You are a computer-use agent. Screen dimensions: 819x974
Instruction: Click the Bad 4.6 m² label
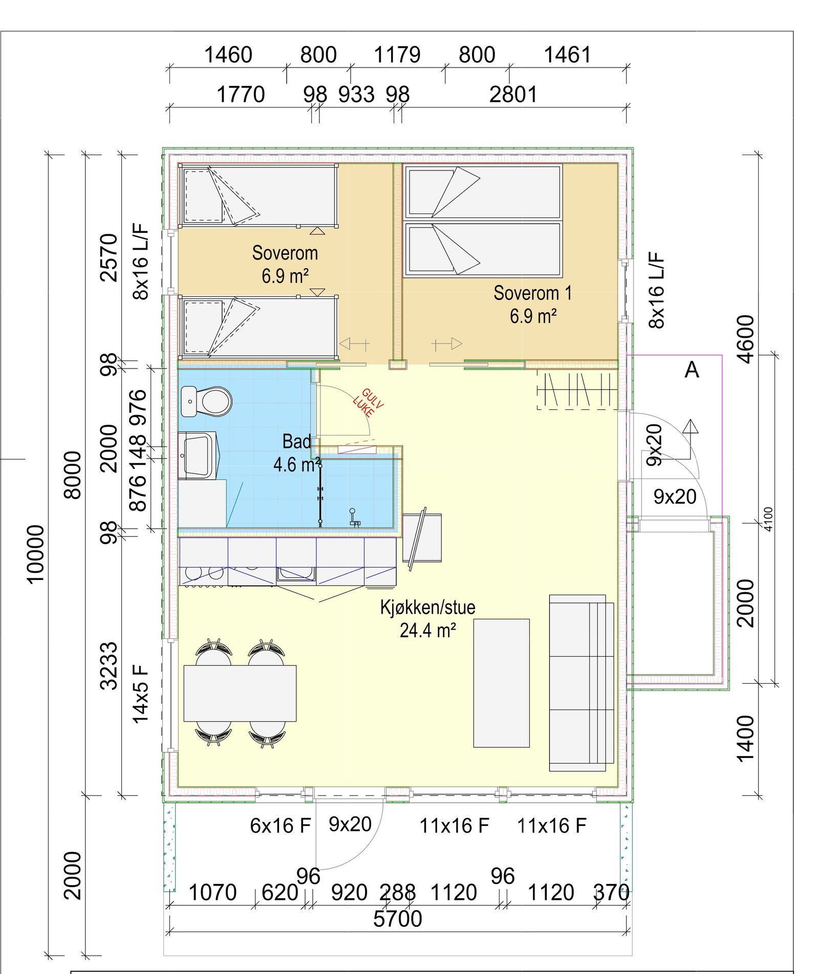click(x=297, y=453)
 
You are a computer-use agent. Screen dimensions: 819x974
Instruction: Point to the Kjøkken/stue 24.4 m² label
click(x=427, y=618)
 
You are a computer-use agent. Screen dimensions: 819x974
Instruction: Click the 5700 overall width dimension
click(x=398, y=919)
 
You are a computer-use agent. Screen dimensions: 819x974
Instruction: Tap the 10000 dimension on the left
click(x=35, y=554)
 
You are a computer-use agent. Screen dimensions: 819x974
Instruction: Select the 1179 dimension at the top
click(x=397, y=55)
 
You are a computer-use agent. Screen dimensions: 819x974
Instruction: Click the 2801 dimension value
click(x=513, y=94)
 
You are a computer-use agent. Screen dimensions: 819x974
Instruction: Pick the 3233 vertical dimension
click(x=109, y=666)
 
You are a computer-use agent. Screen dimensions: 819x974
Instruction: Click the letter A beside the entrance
click(x=692, y=369)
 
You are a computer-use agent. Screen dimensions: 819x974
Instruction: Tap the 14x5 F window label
click(x=140, y=694)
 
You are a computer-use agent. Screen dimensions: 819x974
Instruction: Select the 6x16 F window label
click(x=281, y=826)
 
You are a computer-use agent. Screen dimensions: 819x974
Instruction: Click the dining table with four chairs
click(x=240, y=693)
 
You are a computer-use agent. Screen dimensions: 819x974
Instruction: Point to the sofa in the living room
click(x=581, y=683)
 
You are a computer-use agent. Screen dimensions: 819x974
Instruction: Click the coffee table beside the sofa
click(x=501, y=683)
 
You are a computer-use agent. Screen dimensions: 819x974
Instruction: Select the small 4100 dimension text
click(x=768, y=519)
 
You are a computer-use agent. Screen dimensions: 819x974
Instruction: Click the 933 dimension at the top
click(x=356, y=94)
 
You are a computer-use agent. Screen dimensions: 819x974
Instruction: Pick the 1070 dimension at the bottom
click(x=212, y=893)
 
